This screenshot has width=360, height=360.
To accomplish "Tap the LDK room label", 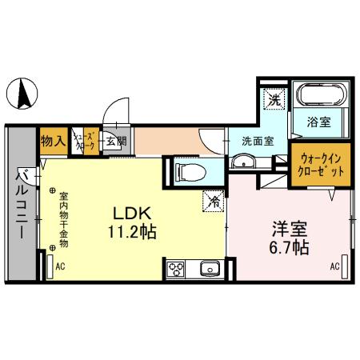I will coord(127,214).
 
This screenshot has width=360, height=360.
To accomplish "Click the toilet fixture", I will coord(186,170).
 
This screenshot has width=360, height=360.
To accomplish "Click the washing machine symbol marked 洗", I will coord(274,100).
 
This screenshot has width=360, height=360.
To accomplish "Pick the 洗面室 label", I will coord(258,140).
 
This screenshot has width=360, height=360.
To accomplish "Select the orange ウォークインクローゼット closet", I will coord(319,165).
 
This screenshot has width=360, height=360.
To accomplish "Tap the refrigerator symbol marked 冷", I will coord(214,202).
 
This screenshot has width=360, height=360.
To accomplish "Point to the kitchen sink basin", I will coord(210,269).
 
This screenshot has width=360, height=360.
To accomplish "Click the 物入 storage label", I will coord(53,142).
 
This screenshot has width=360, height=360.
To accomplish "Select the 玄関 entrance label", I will coord(115,142).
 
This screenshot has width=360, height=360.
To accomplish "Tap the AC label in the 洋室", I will coord(334,266).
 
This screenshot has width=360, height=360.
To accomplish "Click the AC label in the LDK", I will coord(59,266).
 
